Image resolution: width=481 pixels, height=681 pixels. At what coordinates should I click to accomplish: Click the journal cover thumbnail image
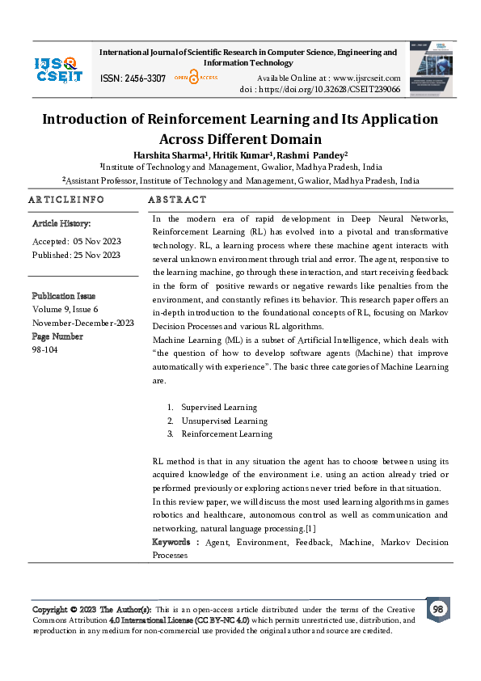pyautogui.click(x=433, y=69)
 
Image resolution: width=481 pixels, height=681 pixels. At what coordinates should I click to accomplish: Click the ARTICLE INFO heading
pyautogui.click(x=66, y=200)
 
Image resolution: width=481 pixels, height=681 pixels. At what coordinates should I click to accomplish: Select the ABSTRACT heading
pyautogui.click(x=177, y=200)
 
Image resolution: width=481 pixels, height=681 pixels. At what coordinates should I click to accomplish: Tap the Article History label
pyautogui.click(x=61, y=222)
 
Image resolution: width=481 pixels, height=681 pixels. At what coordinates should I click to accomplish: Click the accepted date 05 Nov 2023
pyautogui.click(x=96, y=241)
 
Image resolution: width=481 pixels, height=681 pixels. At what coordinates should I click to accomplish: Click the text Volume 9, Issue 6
pyautogui.click(x=65, y=308)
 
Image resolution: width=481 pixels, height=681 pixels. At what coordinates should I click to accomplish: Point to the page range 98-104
pyautogui.click(x=45, y=349)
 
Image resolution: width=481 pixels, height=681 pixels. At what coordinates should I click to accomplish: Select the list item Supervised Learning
pyautogui.click(x=218, y=408)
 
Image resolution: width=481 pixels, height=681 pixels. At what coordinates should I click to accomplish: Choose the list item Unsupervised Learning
pyautogui.click(x=224, y=421)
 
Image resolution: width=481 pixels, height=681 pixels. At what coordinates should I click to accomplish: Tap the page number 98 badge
pyautogui.click(x=437, y=609)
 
